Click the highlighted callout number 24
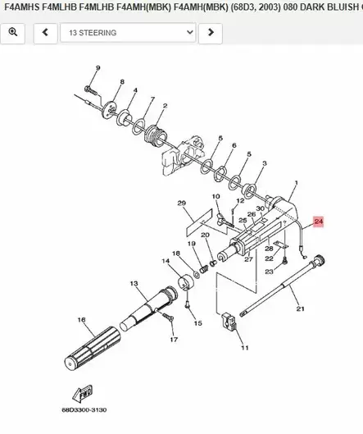point(318,221)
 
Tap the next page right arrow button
point(211,33)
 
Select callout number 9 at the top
point(97,67)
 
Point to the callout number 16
point(81,319)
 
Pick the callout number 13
point(134,283)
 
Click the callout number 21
point(300,308)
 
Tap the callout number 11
point(244,348)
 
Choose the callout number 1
point(296,183)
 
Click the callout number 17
point(173,339)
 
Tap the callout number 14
point(166,262)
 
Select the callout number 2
point(166,106)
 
